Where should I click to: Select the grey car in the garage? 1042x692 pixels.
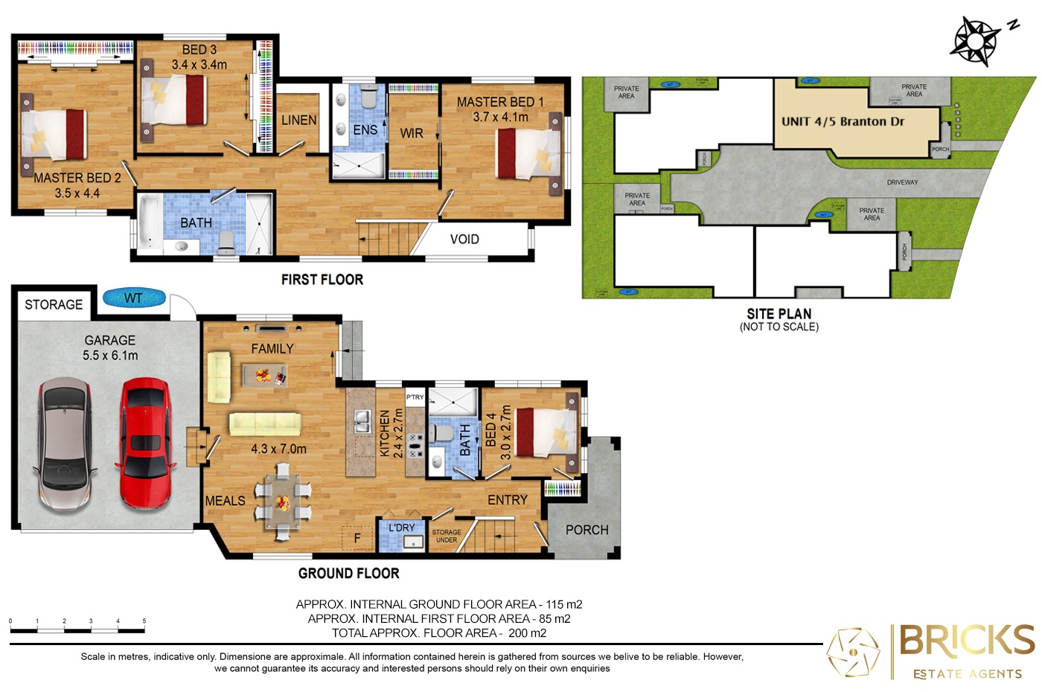(65, 443)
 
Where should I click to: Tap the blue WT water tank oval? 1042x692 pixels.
(133, 298)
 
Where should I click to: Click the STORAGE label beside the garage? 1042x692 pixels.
(54, 305)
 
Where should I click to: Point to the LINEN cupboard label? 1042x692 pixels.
(299, 121)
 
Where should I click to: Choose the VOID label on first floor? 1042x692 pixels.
(464, 240)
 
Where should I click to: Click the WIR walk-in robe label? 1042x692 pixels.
(412, 134)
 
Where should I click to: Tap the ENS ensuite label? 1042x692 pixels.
(365, 130)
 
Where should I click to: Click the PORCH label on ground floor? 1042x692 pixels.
(586, 531)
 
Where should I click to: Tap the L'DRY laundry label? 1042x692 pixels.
(402, 528)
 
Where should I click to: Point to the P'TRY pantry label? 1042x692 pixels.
(415, 397)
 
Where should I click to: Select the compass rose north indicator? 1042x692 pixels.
(976, 40)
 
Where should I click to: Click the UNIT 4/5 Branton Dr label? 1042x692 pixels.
(843, 122)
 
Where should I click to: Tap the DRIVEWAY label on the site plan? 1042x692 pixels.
(902, 182)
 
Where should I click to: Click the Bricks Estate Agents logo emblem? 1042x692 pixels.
(853, 653)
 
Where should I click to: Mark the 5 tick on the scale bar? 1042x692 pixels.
(144, 621)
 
